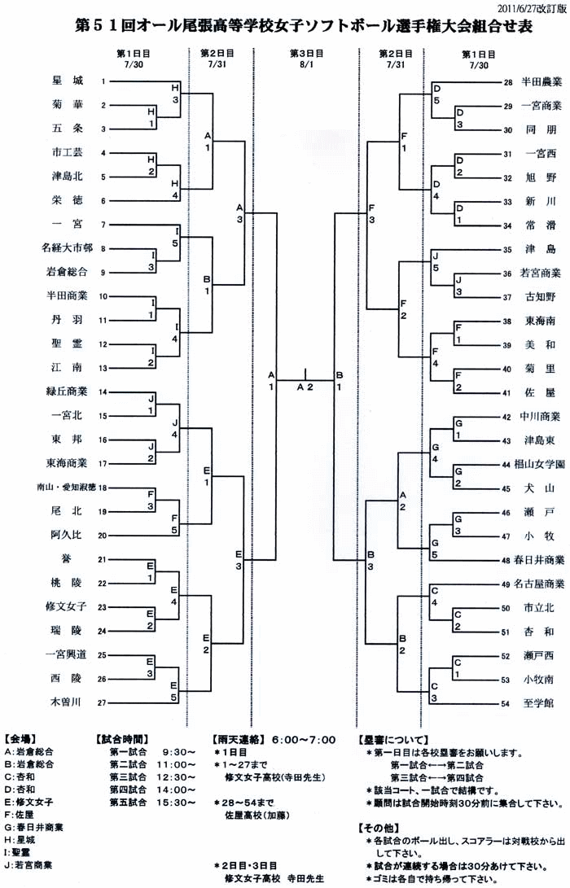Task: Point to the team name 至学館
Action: (x=539, y=702)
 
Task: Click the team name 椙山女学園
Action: (x=539, y=464)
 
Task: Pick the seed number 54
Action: (x=506, y=702)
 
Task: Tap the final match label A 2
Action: (x=305, y=387)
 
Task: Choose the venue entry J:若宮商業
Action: (x=32, y=864)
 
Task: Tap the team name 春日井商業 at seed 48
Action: (x=539, y=560)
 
